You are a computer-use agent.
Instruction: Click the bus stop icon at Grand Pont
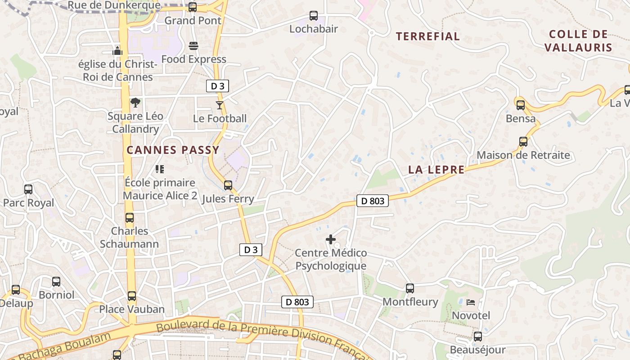click(193, 7)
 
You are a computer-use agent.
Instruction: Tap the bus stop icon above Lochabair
click(314, 16)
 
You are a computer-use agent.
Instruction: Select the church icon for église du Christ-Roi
click(117, 50)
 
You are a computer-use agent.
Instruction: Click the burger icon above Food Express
click(193, 46)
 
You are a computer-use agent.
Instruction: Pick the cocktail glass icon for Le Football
click(219, 105)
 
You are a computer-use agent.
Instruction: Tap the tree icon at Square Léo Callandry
click(135, 103)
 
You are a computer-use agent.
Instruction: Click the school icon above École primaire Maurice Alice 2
click(160, 169)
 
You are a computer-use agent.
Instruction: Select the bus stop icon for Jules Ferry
click(228, 185)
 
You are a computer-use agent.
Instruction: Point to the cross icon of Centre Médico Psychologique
click(331, 239)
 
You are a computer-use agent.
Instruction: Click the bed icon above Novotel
click(471, 302)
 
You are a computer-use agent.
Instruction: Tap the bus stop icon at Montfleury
click(410, 288)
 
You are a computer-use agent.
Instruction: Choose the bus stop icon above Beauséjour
click(477, 337)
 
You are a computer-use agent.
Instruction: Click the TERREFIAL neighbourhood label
click(427, 36)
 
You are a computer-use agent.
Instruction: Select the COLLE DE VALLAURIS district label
click(578, 41)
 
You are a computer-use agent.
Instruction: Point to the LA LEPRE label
click(436, 170)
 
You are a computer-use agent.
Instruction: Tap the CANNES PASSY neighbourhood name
click(173, 150)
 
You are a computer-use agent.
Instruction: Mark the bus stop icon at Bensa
click(521, 105)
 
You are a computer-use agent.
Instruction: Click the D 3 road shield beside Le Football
click(217, 86)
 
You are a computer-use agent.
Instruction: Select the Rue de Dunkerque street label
click(113, 5)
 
